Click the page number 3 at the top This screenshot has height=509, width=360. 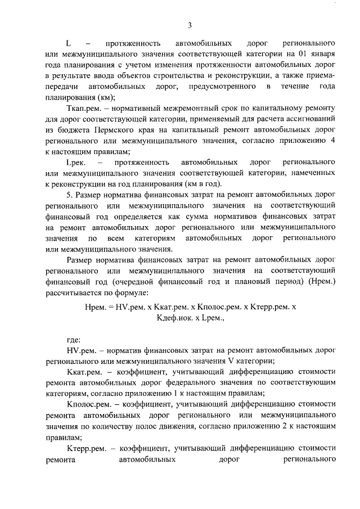(x=190, y=25)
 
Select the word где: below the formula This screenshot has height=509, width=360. (x=74, y=339)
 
